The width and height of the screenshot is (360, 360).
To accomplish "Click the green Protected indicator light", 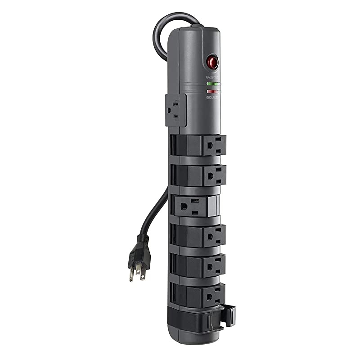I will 211,84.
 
